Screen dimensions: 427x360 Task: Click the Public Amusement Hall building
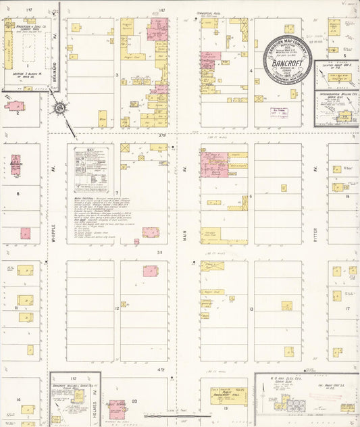coord(228,397)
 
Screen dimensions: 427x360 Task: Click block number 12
coord(116,308)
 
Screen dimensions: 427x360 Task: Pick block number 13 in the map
coord(251,308)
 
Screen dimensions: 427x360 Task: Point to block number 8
coord(18,193)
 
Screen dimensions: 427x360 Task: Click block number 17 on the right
coord(347,308)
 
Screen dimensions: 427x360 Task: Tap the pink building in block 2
coord(15,106)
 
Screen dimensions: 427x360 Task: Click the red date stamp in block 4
coord(280,111)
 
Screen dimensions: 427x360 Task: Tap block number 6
coord(251,197)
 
